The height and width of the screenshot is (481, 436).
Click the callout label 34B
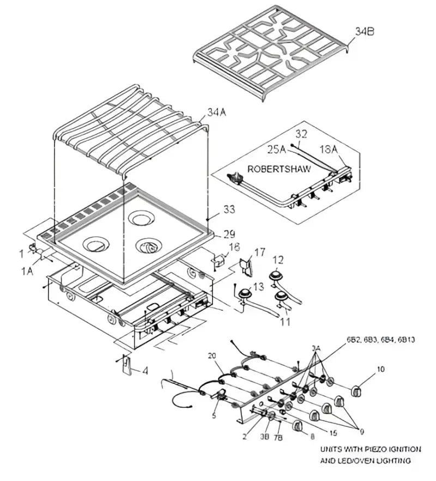[365, 31]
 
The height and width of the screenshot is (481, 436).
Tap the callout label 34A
[216, 114]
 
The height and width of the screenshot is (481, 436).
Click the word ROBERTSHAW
[279, 169]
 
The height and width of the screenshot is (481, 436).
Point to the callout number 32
[301, 133]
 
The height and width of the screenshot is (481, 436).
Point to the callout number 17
[259, 252]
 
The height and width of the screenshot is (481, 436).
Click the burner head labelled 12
[277, 276]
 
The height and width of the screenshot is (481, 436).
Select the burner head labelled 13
[243, 295]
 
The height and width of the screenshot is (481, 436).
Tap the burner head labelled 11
[282, 298]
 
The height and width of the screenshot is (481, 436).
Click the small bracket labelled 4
[126, 365]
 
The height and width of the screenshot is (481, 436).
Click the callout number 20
[213, 355]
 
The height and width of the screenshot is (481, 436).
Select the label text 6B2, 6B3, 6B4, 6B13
[380, 340]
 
